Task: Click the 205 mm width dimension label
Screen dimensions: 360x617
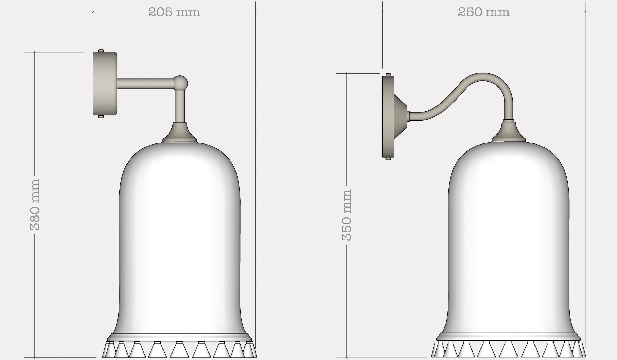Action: (174, 12)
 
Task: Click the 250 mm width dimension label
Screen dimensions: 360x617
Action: (483, 12)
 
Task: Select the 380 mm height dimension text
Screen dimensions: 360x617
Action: (35, 204)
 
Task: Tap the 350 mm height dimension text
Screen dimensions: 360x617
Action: (347, 215)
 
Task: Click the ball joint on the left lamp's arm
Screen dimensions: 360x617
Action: (180, 83)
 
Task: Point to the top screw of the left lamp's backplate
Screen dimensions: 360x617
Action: (101, 51)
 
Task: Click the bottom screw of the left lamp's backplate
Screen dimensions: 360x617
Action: (101, 116)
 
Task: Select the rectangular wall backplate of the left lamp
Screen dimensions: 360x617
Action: (105, 84)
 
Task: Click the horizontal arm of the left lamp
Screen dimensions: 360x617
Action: (145, 84)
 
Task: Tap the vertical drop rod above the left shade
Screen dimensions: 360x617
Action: (180, 106)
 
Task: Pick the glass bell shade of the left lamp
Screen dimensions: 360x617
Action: (180, 231)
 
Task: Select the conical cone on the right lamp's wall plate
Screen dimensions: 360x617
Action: (400, 116)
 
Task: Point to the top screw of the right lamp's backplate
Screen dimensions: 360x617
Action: (388, 75)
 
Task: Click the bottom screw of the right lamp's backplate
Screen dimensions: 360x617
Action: (388, 159)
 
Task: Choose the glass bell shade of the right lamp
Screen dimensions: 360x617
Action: (509, 231)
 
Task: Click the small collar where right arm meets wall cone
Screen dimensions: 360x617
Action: (408, 116)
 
